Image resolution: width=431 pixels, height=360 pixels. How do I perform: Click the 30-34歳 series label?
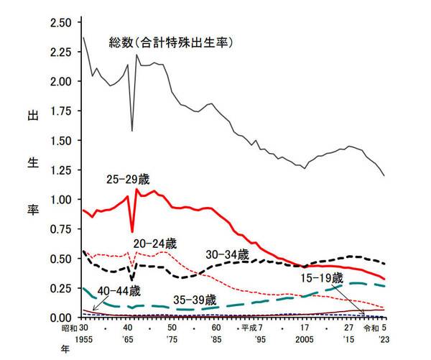click(x=226, y=254)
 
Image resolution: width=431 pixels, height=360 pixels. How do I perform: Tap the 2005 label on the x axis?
click(x=305, y=337)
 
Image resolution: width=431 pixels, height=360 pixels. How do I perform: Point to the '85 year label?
click(x=215, y=337)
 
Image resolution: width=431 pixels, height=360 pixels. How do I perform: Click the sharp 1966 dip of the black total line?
click(x=131, y=131)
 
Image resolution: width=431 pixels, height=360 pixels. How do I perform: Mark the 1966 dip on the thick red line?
click(x=131, y=231)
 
